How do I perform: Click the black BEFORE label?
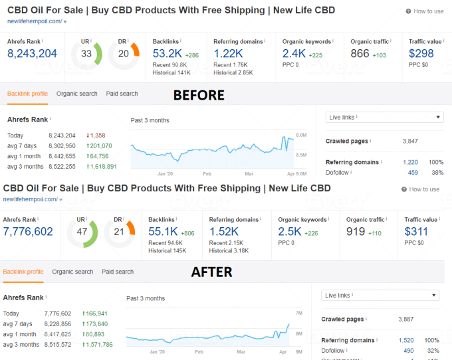199,95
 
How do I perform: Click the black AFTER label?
211,272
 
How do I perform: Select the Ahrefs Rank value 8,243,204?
32,53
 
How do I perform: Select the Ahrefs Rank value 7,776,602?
28,231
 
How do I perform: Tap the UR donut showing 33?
86,54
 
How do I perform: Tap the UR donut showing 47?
82,231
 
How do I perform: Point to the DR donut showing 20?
124,54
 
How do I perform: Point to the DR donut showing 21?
120,231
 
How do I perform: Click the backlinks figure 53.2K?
167,53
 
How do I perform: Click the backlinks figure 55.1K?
163,231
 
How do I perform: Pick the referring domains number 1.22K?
228,53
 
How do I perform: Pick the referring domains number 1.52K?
224,231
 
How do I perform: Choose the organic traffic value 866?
360,53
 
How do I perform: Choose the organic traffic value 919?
356,231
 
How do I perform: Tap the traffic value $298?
421,53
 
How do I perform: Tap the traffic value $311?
417,231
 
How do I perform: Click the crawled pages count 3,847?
410,141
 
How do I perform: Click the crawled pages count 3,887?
406,319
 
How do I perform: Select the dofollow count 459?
413,173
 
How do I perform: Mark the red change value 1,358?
97,135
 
